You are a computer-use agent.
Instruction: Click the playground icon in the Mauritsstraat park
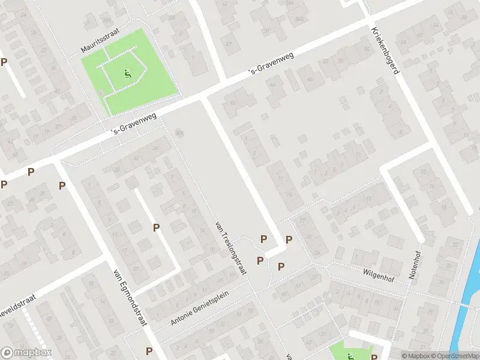click(127, 74)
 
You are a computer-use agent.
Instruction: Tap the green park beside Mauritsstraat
click(150, 84)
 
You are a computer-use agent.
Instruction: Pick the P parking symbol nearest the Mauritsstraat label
click(4, 62)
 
